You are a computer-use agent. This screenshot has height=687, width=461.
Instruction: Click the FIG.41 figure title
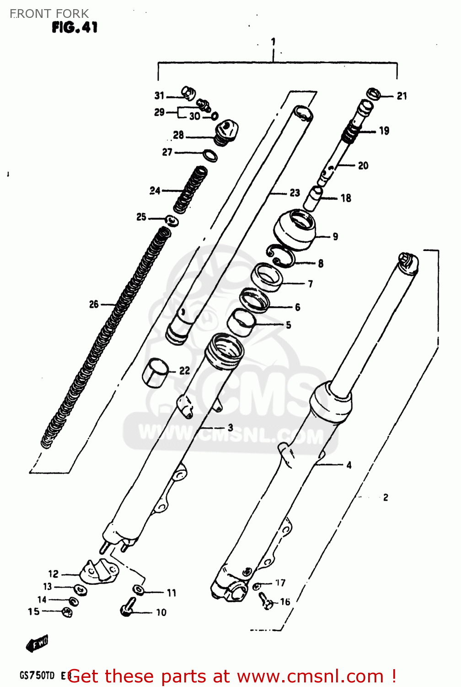click(x=75, y=27)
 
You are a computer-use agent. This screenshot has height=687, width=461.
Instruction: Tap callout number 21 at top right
click(x=402, y=96)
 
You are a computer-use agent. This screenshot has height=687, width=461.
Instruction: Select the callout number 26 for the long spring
click(x=94, y=304)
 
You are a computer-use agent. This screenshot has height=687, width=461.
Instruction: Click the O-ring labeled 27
click(x=210, y=155)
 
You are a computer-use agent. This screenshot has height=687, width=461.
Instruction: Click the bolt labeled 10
click(x=128, y=607)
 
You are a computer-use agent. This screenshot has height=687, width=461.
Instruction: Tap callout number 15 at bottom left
click(x=33, y=611)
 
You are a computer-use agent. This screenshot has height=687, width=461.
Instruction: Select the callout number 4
click(x=349, y=465)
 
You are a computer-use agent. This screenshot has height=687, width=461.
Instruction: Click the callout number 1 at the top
click(x=273, y=42)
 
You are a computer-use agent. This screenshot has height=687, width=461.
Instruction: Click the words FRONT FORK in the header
click(x=49, y=14)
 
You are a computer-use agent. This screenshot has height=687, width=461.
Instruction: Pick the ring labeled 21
click(x=374, y=94)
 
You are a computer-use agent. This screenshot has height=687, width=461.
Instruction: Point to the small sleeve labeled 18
click(x=314, y=197)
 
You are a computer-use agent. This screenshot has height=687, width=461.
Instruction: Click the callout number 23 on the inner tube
click(x=295, y=193)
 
